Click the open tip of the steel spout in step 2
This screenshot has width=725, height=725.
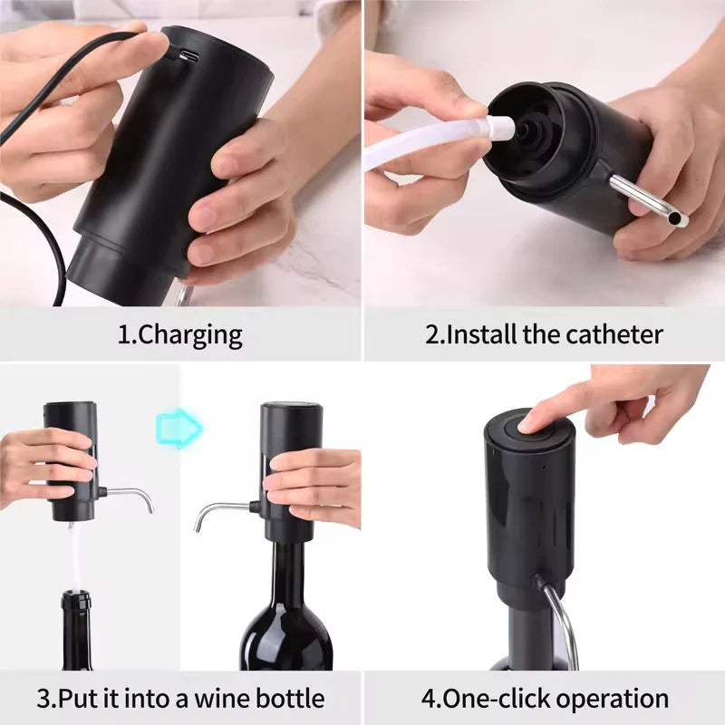pyautogui.click(x=681, y=219)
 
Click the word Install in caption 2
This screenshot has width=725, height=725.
pyautogui.click(x=481, y=334)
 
